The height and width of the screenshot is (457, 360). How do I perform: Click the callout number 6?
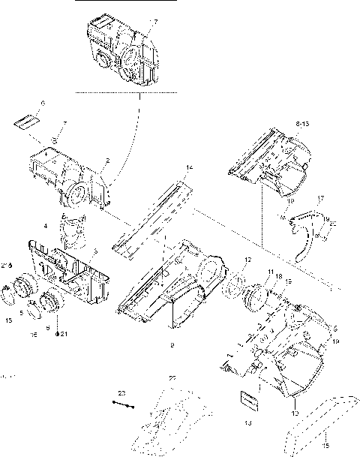click(x=43, y=102)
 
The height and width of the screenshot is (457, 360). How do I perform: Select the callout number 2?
click(x=108, y=161)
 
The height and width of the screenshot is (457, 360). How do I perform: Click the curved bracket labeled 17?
click(x=303, y=233)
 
